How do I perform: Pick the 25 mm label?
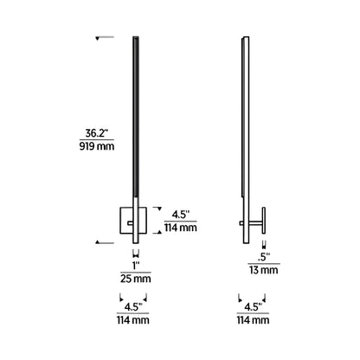[x=134, y=280]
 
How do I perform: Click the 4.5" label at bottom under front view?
[x=134, y=305]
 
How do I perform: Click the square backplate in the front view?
[x=128, y=222]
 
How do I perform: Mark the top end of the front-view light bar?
[x=136, y=40]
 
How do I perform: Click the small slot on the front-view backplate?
[x=130, y=222]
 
